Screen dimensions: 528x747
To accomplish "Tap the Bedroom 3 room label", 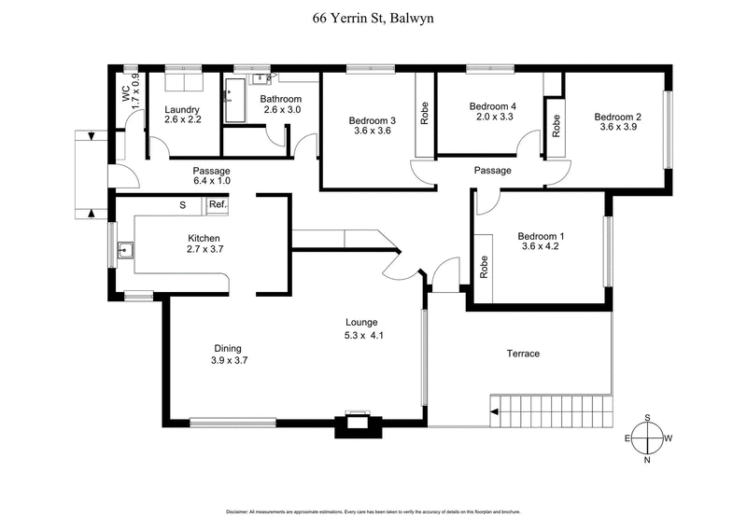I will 373,120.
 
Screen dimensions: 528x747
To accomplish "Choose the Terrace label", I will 524,354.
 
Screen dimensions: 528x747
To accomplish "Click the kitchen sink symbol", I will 125,250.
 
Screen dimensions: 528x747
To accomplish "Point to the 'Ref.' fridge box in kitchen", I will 218,204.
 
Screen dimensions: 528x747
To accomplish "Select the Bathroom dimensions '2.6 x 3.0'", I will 280,110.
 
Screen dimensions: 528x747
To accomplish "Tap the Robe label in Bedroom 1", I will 484,269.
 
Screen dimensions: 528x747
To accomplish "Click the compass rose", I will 648,438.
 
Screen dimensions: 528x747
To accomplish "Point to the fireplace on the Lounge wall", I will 356,422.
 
